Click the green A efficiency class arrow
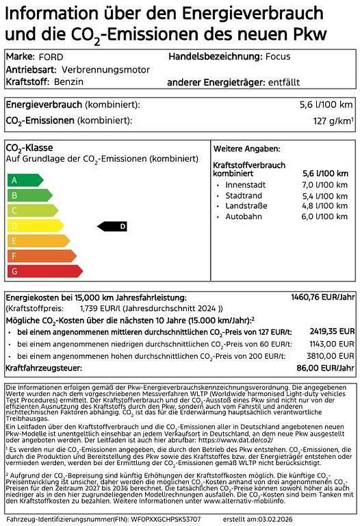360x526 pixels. tap(24, 180)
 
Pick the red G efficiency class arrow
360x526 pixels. tap(43, 271)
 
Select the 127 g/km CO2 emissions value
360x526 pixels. tap(333, 121)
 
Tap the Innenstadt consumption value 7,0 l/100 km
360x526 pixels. tap(324, 185)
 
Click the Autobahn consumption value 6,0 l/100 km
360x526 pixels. tap(324, 216)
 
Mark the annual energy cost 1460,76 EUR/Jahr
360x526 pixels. tap(322, 298)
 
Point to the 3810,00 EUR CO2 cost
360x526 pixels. tap(331, 356)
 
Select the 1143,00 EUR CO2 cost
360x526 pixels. tap(331, 344)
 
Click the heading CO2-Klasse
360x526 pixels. tap(29, 148)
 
